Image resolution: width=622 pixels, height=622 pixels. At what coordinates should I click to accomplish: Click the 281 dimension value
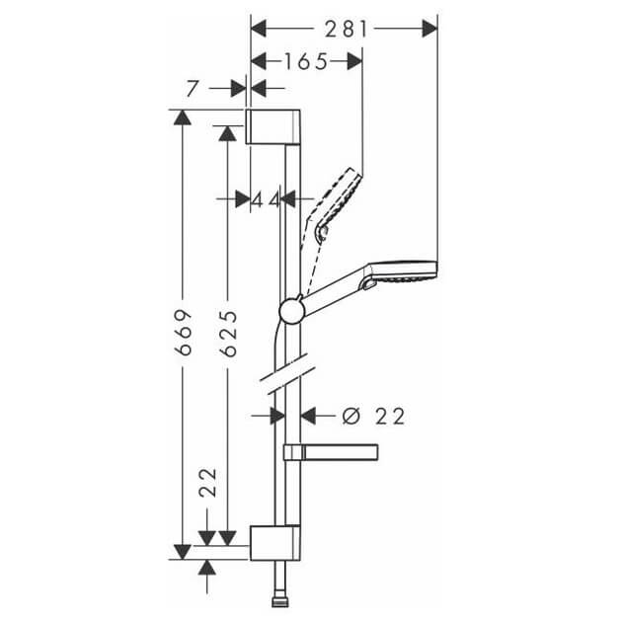pos(347,29)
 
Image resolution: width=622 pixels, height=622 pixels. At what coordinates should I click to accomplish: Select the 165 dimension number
pos(306,61)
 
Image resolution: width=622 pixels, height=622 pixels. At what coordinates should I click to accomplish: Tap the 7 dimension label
pos(192,89)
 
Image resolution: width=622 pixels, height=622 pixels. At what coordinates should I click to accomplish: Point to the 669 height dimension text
pos(184,332)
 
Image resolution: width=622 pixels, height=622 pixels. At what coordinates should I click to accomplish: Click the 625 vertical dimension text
pos(229,334)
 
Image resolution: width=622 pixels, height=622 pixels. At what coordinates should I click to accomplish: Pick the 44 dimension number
pos(266,199)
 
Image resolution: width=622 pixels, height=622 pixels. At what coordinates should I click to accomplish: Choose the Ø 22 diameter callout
pos(373,416)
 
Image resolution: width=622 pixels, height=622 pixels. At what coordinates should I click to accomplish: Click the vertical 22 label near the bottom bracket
pos(208,483)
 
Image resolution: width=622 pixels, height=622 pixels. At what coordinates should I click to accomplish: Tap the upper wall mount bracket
pos(273,126)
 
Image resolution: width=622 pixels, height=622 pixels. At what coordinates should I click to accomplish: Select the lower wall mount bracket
pos(274,543)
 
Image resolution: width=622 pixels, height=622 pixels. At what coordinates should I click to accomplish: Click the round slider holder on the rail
pos(291,311)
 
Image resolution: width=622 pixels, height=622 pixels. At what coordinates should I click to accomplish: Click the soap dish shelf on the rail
pos(331,452)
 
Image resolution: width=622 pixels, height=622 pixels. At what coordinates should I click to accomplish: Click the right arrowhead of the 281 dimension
pos(429,29)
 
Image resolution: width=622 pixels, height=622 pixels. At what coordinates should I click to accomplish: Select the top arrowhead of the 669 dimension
pos(183,117)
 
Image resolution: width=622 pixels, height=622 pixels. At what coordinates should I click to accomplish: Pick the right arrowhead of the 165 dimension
pos(354,61)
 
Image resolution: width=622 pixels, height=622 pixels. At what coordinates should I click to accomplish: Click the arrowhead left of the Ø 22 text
pos(308,416)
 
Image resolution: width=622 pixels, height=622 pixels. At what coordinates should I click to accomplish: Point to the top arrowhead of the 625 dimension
pos(228,133)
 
